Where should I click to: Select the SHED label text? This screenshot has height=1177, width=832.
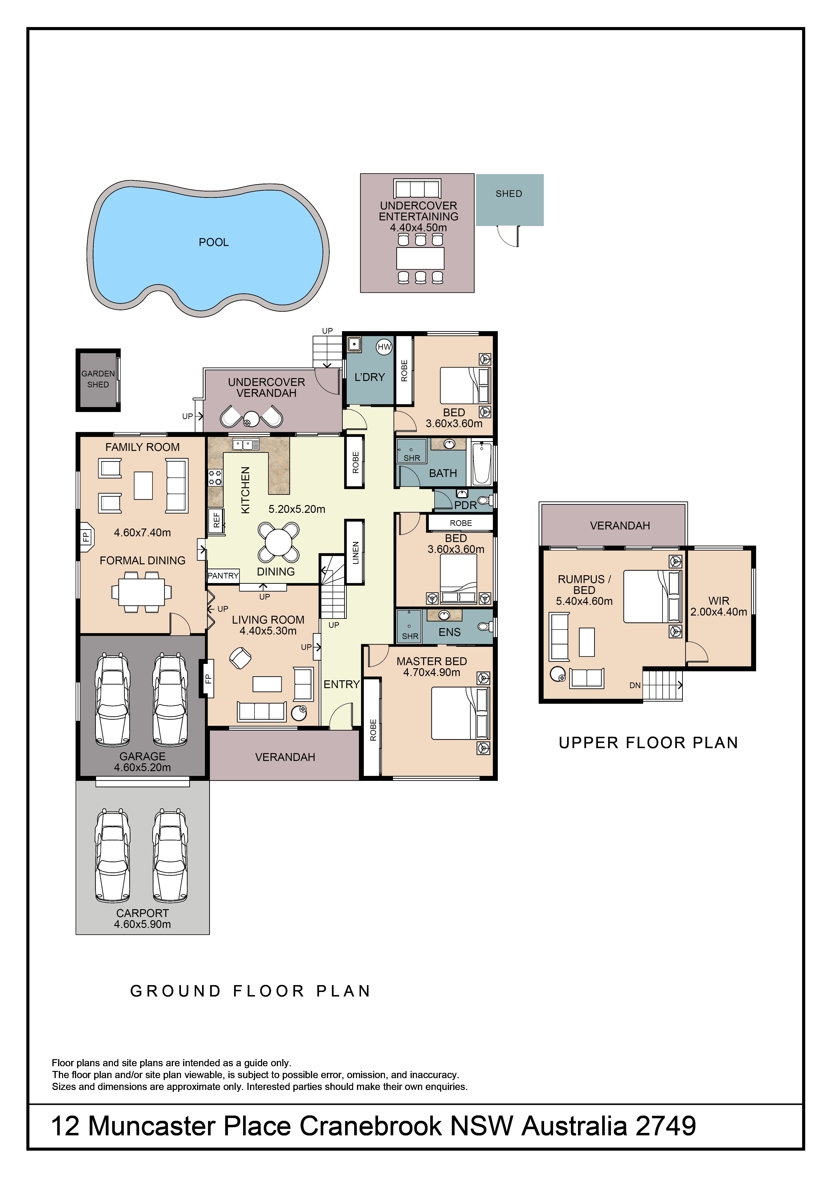point(508,194)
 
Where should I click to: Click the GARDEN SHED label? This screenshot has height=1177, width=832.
point(98,379)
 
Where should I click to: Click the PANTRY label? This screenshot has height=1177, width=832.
point(223,576)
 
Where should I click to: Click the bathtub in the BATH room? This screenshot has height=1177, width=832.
point(481,463)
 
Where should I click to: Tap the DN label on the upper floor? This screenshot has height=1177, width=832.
point(635,685)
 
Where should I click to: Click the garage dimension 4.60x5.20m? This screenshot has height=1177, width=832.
point(143,767)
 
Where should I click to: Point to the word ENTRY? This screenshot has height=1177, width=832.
point(342,684)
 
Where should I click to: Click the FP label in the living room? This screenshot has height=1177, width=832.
point(208,679)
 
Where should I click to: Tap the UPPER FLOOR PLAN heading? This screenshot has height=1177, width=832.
point(648,743)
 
